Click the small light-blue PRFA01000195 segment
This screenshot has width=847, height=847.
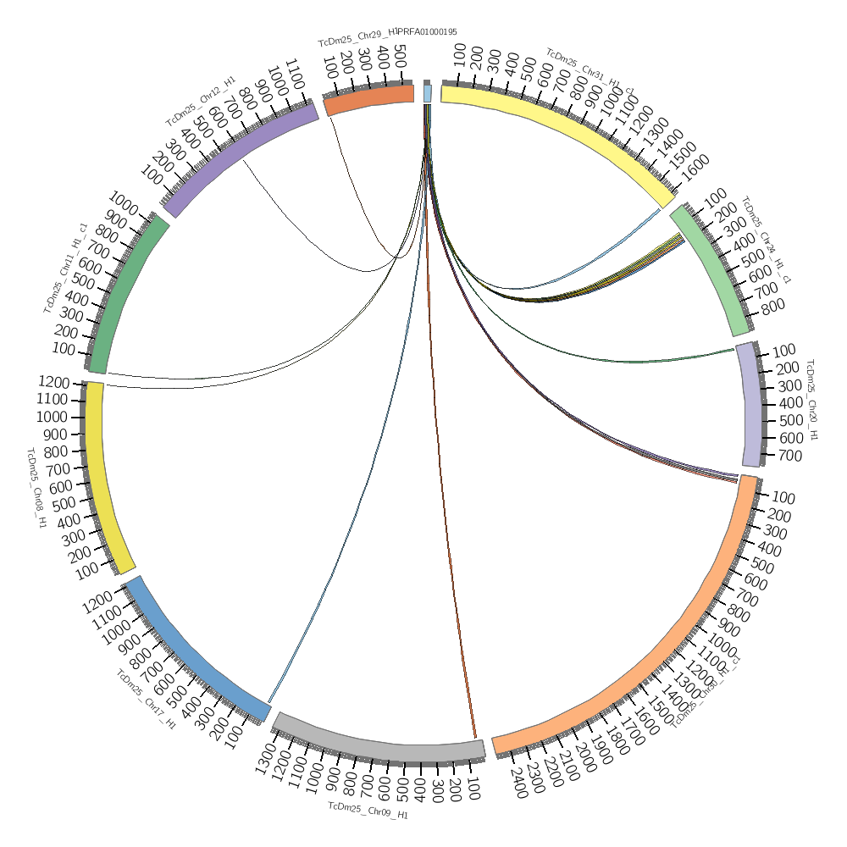tap(428, 93)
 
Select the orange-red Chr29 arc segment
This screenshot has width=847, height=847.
tap(369, 102)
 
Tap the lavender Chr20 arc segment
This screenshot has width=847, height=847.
tap(749, 404)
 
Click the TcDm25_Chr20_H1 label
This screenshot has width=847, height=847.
tap(811, 400)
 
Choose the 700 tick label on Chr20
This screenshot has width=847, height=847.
tap(789, 456)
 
